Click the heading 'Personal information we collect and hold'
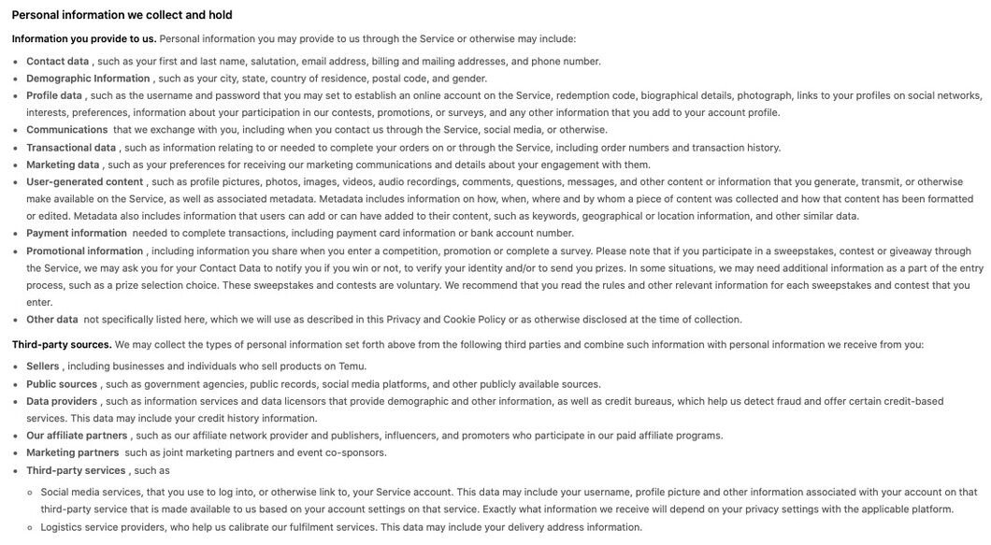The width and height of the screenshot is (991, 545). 122,15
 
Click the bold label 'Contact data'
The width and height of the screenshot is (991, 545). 57,62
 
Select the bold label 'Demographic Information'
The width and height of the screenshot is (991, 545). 88,79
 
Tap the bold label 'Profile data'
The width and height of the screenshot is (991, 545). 54,95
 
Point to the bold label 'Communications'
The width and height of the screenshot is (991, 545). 67,130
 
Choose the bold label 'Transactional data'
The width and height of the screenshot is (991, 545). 71,148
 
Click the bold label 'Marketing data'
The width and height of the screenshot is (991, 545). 63,165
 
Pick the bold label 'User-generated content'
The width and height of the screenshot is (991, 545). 84,181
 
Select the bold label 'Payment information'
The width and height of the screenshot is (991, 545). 77,234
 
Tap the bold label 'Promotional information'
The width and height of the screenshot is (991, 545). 84,251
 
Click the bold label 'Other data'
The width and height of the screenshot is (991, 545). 52,320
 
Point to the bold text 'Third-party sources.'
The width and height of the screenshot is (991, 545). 62,345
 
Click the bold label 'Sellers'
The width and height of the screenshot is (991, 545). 43,366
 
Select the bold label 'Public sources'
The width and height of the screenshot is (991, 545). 62,384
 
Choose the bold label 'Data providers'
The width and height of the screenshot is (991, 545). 62,401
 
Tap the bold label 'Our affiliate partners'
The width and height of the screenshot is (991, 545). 77,436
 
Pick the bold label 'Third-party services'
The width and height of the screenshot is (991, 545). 76,470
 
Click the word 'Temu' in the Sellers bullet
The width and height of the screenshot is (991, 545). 352,366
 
